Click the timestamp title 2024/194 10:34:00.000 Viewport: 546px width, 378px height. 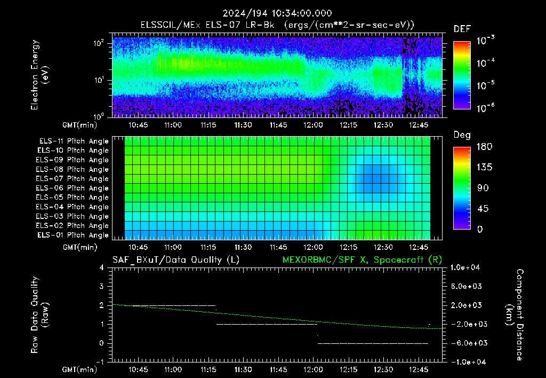point(277,13)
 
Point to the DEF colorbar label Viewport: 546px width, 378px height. point(462,29)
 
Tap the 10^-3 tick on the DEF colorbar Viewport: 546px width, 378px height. point(486,41)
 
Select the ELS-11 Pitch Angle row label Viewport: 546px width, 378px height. point(74,141)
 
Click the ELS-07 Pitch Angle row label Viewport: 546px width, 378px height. point(72,178)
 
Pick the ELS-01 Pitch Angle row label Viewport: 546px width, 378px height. point(73,235)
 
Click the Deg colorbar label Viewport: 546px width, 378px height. point(462,135)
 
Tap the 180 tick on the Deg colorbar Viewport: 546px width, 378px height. point(484,146)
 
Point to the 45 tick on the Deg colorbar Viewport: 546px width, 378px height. point(483,209)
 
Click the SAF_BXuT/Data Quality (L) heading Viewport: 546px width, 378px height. point(176,260)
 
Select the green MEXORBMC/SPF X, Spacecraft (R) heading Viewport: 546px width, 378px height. point(362,260)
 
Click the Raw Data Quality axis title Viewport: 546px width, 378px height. point(39,315)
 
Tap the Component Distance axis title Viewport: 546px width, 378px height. point(515,315)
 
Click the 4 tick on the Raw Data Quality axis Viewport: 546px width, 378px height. point(102,268)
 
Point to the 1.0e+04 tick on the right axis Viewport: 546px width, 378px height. point(465,267)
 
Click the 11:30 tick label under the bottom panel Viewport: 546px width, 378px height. point(243,369)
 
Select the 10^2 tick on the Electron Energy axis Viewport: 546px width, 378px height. point(99,43)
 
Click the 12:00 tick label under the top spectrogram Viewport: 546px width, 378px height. point(313,125)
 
